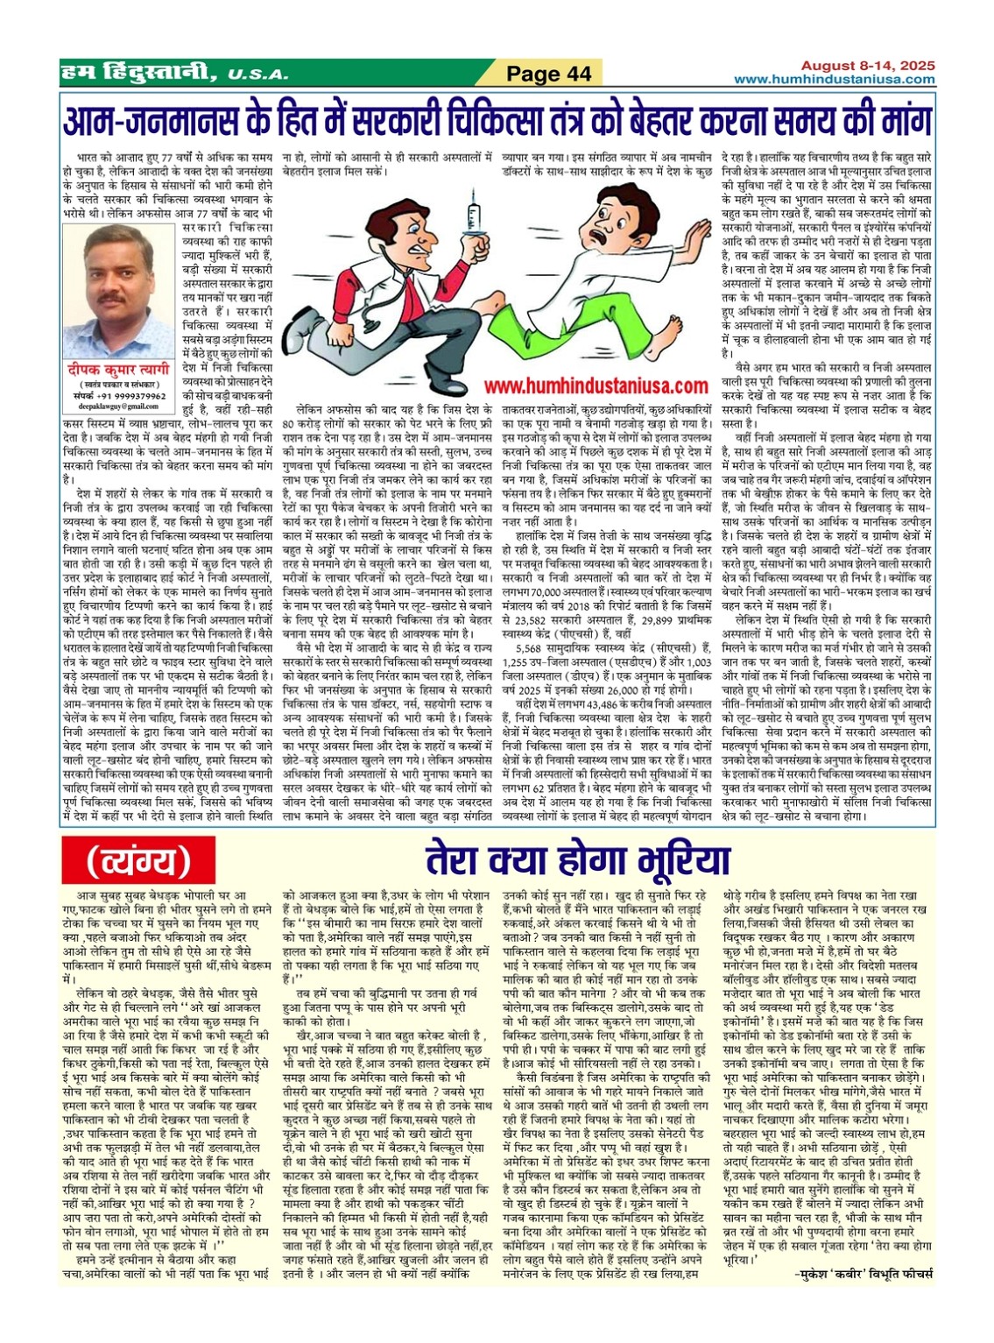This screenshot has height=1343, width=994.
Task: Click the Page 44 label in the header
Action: (549, 74)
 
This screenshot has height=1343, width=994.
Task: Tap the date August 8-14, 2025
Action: (868, 66)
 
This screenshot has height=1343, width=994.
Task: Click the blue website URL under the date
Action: (833, 80)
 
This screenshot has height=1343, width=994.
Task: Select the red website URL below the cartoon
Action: (596, 385)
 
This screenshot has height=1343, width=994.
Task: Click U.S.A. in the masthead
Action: (255, 74)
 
